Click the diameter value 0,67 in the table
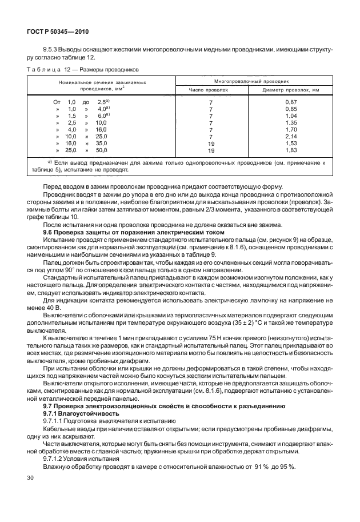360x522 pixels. pos(291,101)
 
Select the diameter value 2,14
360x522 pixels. pos(291,137)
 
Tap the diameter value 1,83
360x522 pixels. pos(291,150)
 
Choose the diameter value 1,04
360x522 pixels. pos(291,115)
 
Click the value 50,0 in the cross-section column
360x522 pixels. pos(101,150)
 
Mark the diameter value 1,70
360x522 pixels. pos(291,130)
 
